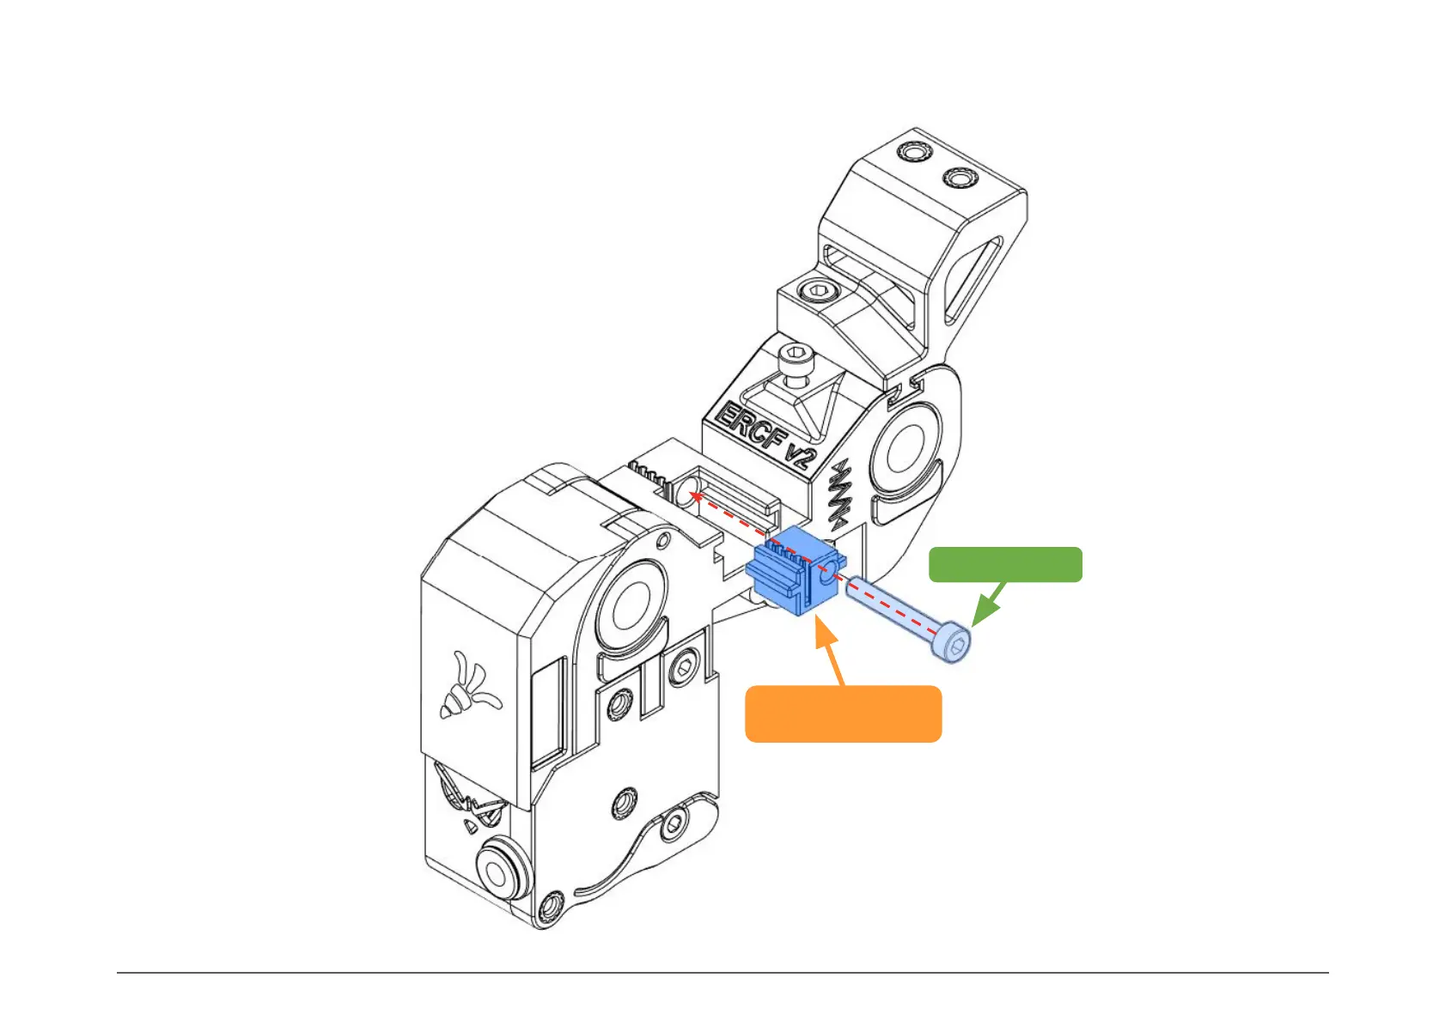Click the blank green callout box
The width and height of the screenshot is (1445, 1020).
[1005, 564]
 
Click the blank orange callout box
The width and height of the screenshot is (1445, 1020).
[843, 713]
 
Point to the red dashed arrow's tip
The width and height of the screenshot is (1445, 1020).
[695, 495]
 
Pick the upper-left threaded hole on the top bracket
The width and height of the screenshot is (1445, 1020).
[913, 153]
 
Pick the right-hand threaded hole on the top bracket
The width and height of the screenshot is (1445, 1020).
[960, 178]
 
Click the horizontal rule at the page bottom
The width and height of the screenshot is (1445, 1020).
[722, 973]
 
